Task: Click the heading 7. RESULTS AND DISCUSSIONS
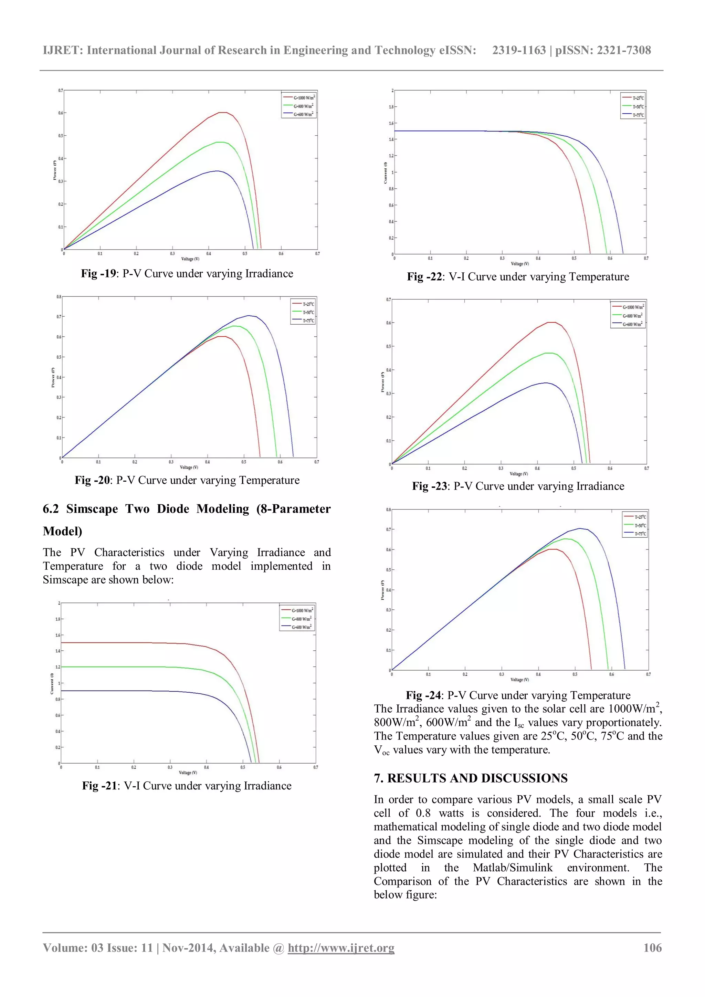[x=471, y=778]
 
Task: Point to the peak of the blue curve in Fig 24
[x=580, y=528]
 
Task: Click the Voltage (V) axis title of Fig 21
[x=188, y=773]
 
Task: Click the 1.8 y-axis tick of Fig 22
[x=391, y=107]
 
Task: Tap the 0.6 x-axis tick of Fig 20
[x=280, y=462]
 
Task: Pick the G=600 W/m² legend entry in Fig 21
[x=301, y=627]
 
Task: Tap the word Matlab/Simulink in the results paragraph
[x=512, y=868]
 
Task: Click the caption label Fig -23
[x=429, y=486]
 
